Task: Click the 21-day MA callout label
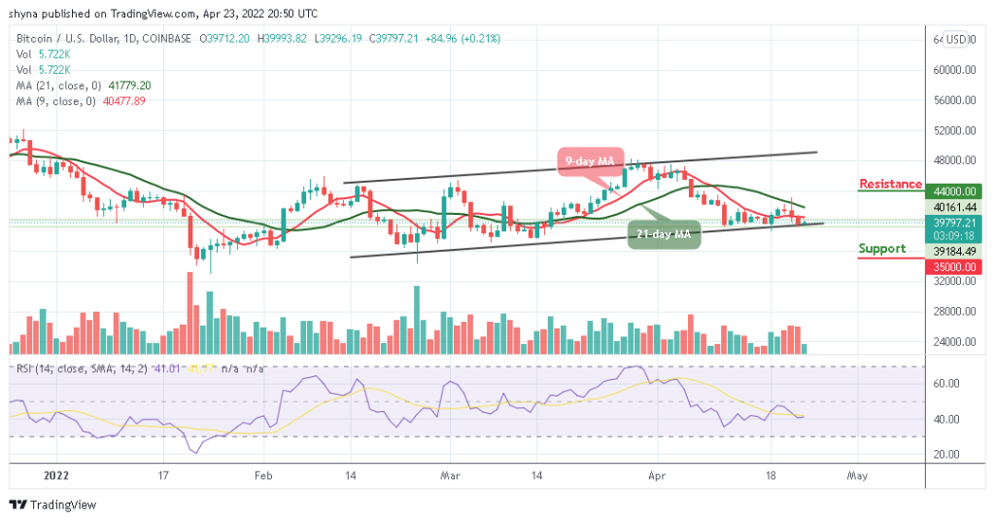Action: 664,233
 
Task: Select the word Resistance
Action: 890,184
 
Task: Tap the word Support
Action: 881,249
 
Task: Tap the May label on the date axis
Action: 856,476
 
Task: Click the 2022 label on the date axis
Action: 56,476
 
